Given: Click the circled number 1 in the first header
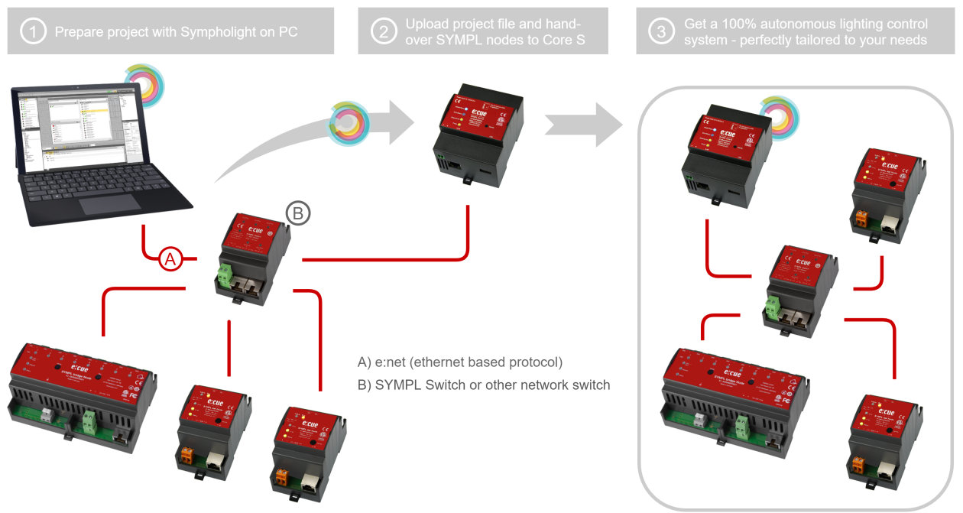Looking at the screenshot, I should [x=32, y=31].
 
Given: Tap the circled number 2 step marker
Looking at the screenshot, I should [x=381, y=31].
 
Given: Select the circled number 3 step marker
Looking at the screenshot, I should [x=659, y=31].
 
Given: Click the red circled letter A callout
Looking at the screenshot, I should [x=170, y=260].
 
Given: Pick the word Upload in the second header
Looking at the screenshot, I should [x=428, y=24].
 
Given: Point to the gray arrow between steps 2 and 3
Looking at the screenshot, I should [x=585, y=122].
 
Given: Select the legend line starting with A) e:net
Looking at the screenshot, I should [x=460, y=362].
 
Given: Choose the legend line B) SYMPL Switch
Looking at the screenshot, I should [x=484, y=385].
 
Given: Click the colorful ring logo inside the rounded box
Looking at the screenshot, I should [x=779, y=115].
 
